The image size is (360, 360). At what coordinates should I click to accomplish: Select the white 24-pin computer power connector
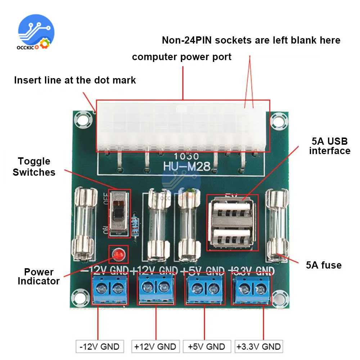coord(183,126)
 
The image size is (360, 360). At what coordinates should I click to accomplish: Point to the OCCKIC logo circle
coord(36,32)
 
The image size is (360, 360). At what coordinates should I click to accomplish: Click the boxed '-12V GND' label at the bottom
coord(100,347)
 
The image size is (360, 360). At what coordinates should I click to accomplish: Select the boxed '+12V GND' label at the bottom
coord(155,347)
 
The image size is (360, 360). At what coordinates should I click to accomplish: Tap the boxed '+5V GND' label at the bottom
coord(206,347)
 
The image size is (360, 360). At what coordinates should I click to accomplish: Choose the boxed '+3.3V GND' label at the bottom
coord(258,347)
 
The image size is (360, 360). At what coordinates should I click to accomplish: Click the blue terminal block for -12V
coord(110,288)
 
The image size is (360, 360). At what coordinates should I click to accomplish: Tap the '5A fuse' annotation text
coord(324,265)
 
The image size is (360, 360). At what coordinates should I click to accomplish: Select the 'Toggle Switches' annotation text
coord(34,167)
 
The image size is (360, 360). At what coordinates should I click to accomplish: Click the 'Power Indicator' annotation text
coord(39,276)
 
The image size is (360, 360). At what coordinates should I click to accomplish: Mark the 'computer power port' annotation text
coord(182,57)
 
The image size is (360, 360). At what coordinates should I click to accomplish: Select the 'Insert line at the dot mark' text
coord(75,80)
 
